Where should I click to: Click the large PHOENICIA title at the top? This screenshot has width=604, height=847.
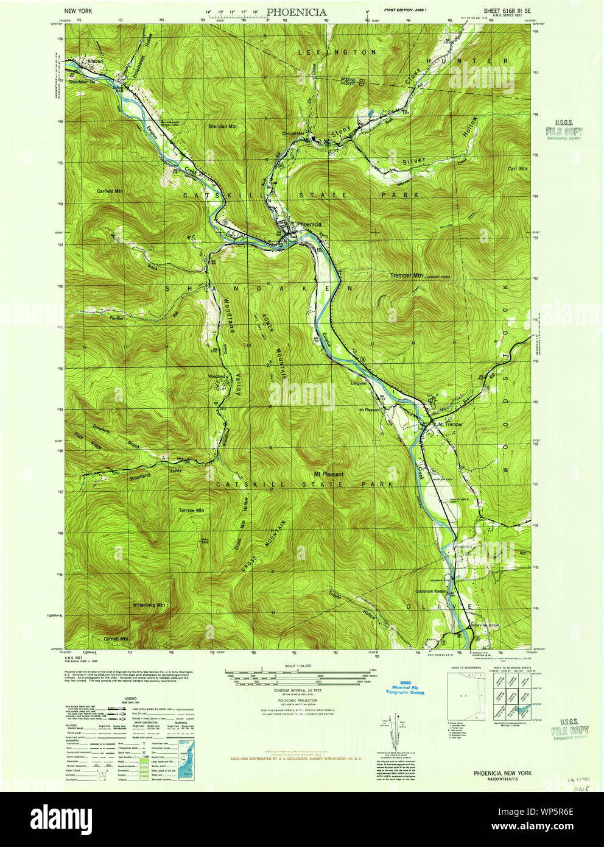[x=297, y=12]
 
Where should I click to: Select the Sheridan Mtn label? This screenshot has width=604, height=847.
[x=222, y=126]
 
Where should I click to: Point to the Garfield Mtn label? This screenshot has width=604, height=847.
[x=110, y=191]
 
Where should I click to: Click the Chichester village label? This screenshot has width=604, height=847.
[x=293, y=133]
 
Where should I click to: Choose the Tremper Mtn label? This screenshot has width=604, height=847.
[x=406, y=275]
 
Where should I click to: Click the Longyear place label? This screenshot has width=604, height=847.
[x=359, y=383]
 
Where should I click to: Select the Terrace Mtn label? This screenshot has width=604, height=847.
[x=191, y=510]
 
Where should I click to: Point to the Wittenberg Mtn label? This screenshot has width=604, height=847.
[x=149, y=605]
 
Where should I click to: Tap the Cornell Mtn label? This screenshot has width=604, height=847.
[x=116, y=639]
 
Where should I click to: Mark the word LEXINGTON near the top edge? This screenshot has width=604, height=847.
[x=337, y=53]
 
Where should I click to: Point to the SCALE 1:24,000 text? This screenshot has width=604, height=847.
[x=294, y=666]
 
